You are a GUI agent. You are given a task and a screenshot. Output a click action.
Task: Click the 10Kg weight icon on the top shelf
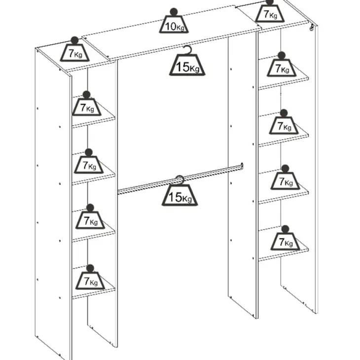(x=174, y=21)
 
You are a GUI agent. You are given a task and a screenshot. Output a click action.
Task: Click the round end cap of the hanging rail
(x=242, y=166)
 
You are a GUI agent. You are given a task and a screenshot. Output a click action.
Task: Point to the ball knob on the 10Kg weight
(x=174, y=12)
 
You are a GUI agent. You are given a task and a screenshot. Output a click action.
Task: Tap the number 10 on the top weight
(x=171, y=27)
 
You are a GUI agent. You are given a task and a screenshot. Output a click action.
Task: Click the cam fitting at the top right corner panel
(x=312, y=27)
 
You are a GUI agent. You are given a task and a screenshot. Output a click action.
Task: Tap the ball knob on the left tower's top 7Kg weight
(x=74, y=40)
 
